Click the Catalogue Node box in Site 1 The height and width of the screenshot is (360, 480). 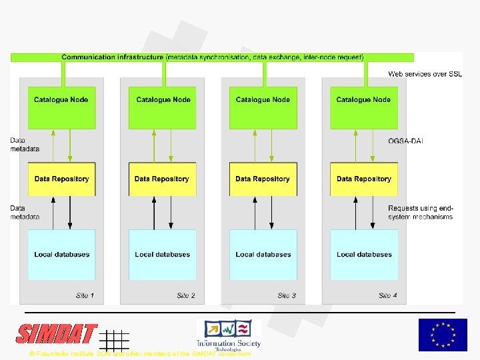click(61, 107)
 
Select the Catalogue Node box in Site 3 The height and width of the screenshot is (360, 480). click(263, 107)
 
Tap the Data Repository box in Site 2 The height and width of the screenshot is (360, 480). click(162, 179)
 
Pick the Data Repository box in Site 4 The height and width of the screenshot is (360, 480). click(364, 179)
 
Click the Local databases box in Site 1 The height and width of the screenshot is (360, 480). click(61, 255)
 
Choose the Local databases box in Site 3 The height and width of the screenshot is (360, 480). click(263, 255)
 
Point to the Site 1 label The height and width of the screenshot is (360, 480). click(85, 295)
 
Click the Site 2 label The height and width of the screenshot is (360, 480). click(186, 295)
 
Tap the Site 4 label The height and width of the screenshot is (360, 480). click(388, 295)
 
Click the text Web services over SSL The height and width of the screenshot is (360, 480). click(425, 74)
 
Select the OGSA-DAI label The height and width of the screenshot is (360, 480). click(405, 141)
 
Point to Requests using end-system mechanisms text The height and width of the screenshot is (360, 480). click(420, 212)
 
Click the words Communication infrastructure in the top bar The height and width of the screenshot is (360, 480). click(113, 57)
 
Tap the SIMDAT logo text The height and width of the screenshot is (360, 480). click(57, 334)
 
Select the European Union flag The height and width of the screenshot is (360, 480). click(443, 335)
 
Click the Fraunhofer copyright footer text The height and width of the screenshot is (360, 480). click(140, 354)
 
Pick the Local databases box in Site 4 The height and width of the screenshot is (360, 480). click(364, 255)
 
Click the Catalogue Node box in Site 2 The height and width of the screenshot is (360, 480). click(163, 107)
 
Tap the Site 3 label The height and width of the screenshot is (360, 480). click(287, 295)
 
